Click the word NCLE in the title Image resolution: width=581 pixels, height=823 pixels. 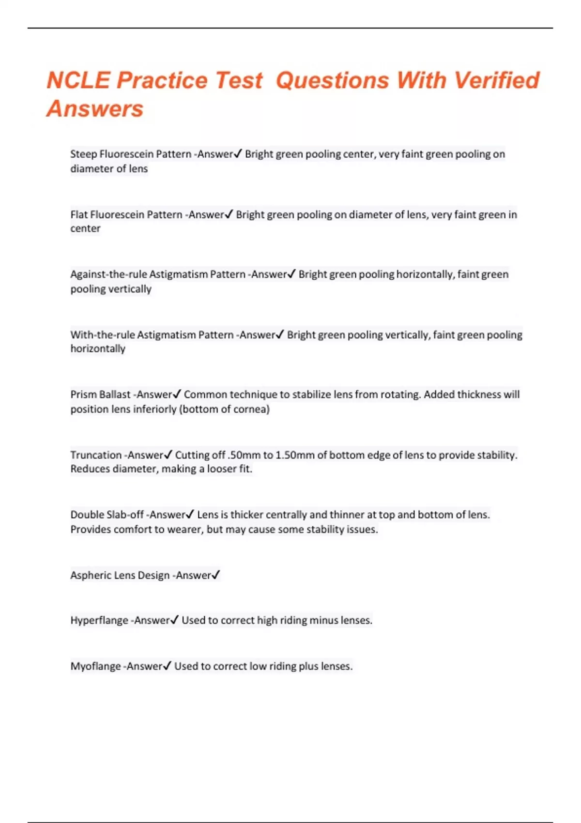click(x=78, y=80)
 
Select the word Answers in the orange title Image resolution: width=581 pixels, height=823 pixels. click(x=95, y=108)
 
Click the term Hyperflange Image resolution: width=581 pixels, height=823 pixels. click(x=99, y=621)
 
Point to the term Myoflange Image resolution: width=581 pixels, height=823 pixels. click(x=95, y=666)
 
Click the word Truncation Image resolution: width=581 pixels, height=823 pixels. click(x=96, y=455)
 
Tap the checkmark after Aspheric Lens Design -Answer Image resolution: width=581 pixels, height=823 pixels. click(x=216, y=575)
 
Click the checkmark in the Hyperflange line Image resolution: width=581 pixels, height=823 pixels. click(x=174, y=620)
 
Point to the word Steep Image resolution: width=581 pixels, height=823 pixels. click(x=83, y=154)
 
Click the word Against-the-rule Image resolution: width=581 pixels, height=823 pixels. click(x=108, y=274)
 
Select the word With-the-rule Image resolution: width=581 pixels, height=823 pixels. click(x=102, y=335)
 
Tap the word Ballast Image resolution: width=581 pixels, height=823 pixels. click(x=115, y=395)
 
